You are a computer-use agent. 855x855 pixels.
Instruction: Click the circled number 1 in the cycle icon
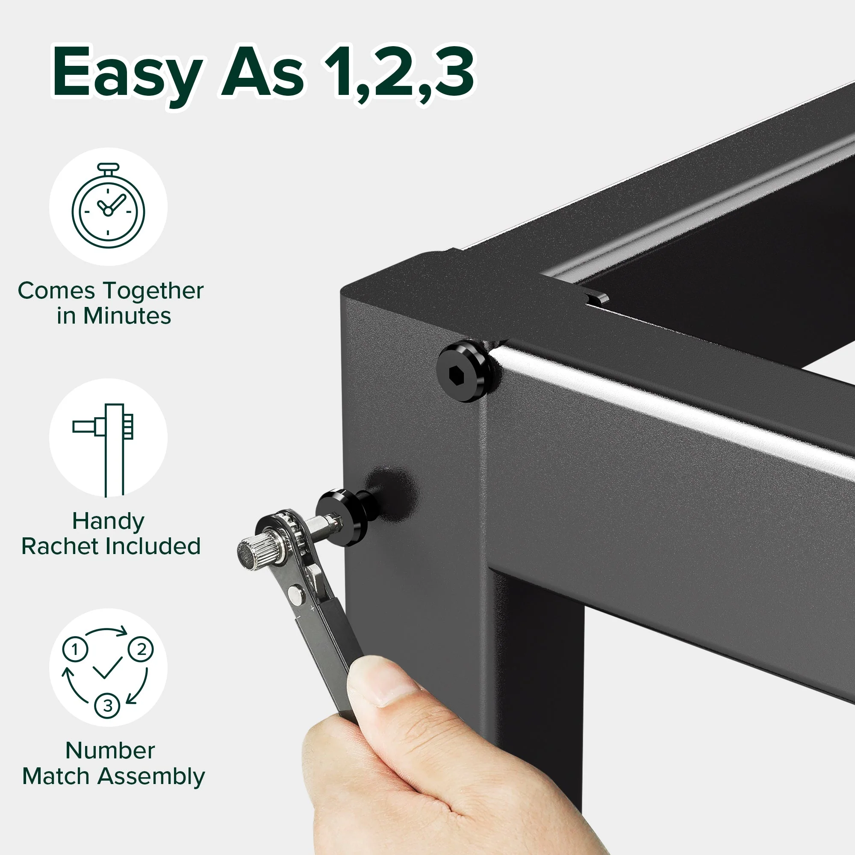(75, 650)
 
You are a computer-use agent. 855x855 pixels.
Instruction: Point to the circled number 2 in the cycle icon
(141, 650)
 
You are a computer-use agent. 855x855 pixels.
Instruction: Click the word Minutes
(127, 316)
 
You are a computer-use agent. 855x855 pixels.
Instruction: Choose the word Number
(110, 751)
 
